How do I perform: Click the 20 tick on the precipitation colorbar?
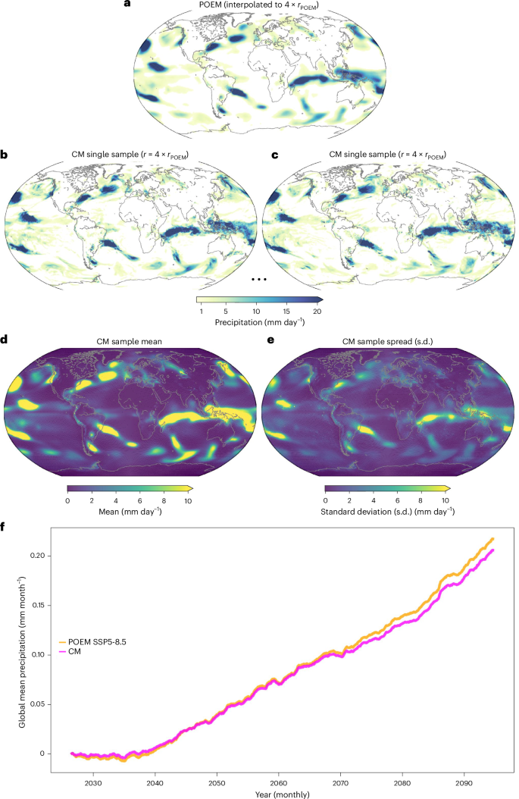click(x=317, y=312)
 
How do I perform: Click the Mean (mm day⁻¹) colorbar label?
click(x=130, y=512)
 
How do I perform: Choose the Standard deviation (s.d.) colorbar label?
click(x=388, y=512)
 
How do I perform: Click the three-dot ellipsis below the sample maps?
click(x=259, y=280)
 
